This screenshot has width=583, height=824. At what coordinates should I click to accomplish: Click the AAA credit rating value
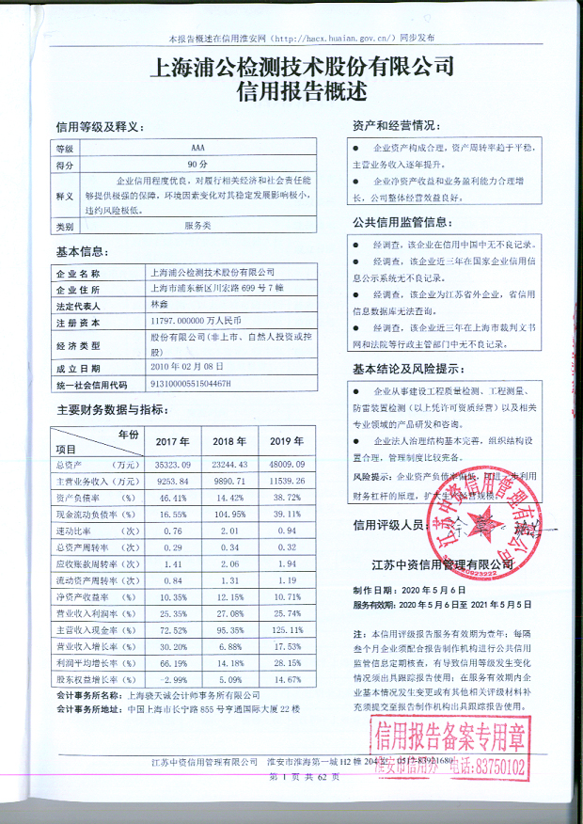pyautogui.click(x=197, y=149)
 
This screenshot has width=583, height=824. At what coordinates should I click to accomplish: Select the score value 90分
pyautogui.click(x=197, y=164)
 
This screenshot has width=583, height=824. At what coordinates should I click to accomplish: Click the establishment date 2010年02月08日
pyautogui.click(x=189, y=368)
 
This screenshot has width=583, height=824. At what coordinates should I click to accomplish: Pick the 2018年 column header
pyautogui.click(x=228, y=442)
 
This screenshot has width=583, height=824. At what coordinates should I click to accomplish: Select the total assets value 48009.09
pyautogui.click(x=287, y=466)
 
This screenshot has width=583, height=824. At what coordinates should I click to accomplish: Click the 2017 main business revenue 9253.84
pyautogui.click(x=172, y=482)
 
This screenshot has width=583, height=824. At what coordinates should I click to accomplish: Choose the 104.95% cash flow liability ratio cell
pyautogui.click(x=228, y=515)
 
